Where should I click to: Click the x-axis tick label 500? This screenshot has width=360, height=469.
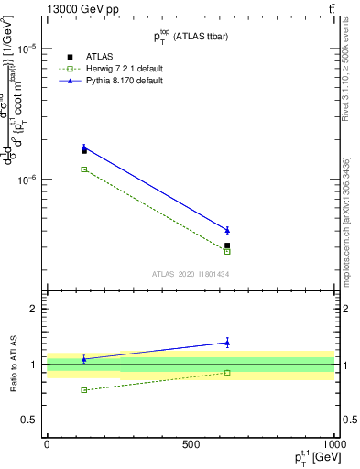click(190, 444)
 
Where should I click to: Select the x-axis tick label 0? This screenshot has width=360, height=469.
click(46, 444)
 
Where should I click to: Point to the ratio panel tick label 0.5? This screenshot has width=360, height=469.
click(28, 420)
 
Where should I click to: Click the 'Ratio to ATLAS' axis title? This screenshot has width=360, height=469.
click(13, 365)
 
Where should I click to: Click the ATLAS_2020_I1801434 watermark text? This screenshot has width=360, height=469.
click(190, 274)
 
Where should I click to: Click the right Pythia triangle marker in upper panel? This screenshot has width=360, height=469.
click(227, 230)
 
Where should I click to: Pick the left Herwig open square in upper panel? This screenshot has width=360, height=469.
click(84, 169)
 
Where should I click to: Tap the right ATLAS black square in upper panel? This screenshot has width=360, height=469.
click(227, 245)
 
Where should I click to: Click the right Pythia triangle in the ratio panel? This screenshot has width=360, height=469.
click(227, 343)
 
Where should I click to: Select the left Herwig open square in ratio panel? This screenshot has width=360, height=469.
click(84, 390)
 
